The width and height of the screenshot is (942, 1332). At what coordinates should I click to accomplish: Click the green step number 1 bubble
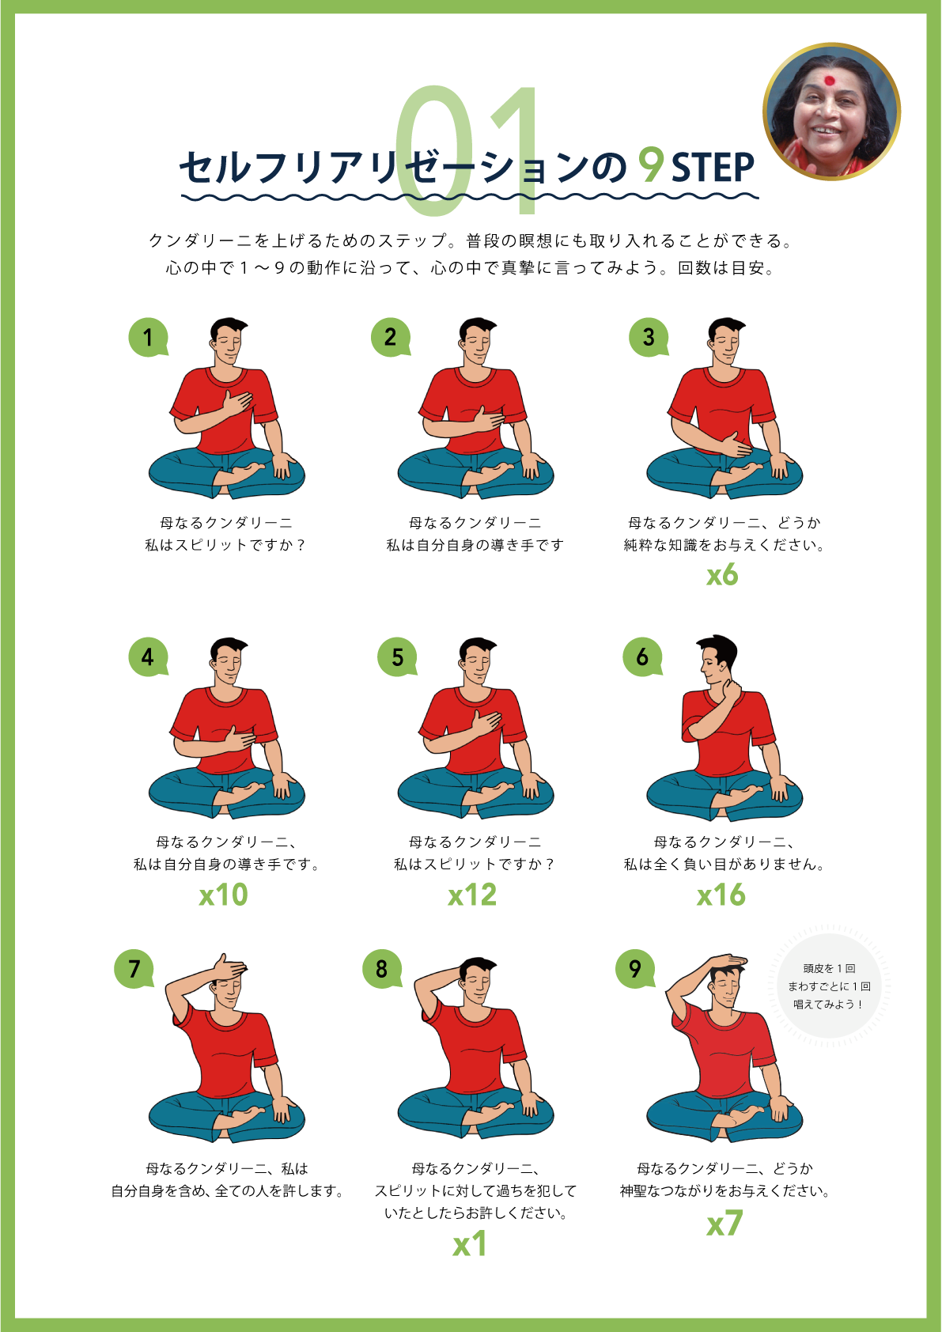pos(148,337)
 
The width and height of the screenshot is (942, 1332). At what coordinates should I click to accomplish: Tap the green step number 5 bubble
pos(397,657)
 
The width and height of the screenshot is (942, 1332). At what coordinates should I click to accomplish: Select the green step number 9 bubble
pos(635,969)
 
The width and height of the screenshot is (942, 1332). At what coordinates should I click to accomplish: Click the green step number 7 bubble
pos(134,969)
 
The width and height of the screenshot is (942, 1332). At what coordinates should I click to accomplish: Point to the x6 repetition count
pos(722,576)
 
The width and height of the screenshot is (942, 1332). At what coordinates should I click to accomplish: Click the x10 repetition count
pos(223,895)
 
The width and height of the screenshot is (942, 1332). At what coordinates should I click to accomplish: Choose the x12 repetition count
pos(472,895)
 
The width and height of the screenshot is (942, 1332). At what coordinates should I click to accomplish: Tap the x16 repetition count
pos(721,895)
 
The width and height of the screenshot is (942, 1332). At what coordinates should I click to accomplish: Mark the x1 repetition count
pos(470,1244)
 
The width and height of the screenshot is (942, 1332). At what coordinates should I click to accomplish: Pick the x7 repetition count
pos(724,1224)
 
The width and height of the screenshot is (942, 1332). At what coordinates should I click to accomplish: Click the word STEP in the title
pos(713,167)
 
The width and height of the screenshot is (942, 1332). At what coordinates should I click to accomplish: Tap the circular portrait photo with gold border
pos(831,112)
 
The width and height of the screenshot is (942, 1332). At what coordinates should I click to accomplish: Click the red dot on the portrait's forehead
pos(829,80)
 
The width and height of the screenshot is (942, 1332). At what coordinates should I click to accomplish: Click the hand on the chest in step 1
pos(237,401)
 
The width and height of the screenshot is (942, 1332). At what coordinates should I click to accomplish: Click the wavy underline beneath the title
pos(470,196)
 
